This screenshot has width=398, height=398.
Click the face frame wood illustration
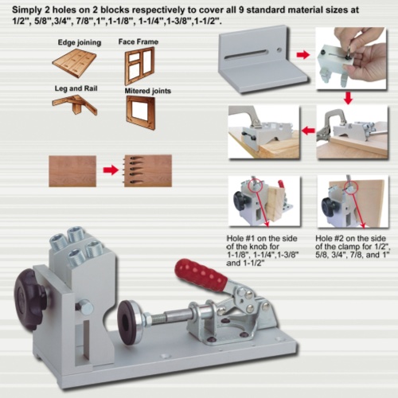[139, 65]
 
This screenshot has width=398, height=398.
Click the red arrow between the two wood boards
[112, 170]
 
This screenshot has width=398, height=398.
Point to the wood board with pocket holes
[148, 170]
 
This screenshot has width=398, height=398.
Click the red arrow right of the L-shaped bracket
[303, 56]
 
